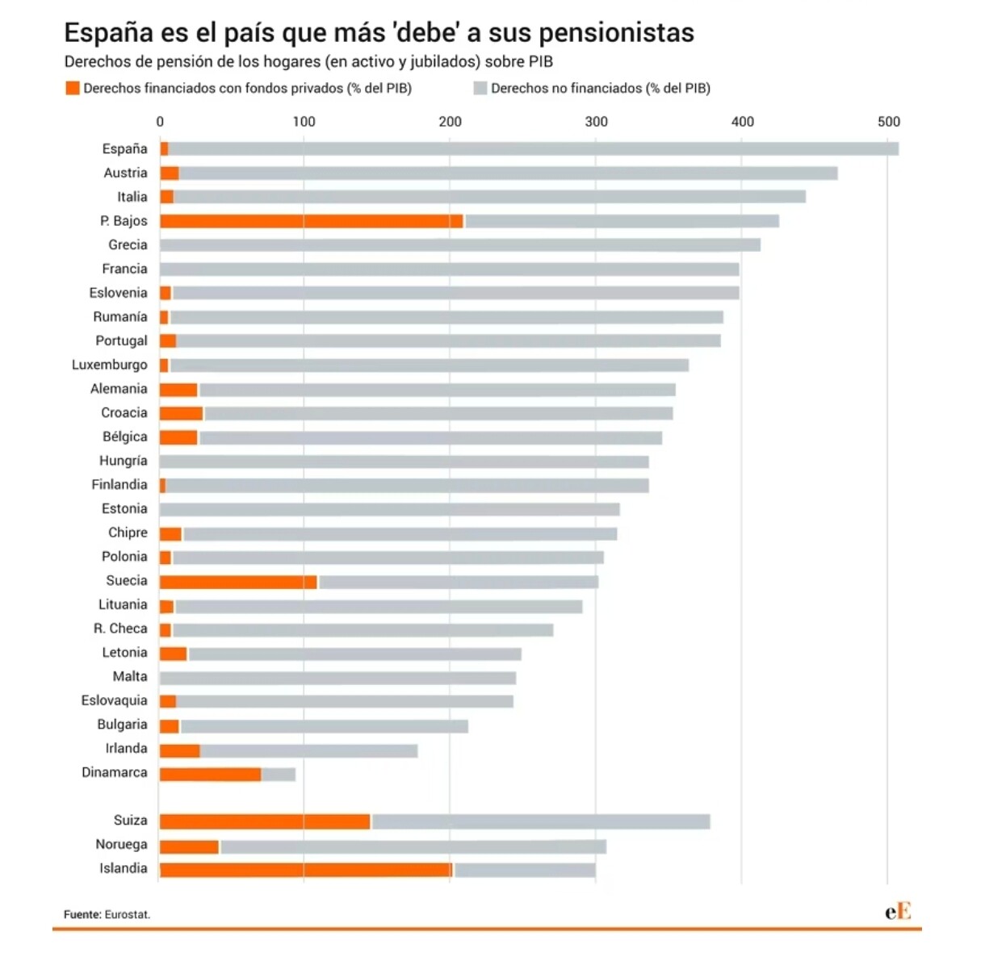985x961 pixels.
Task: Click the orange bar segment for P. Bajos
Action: [311, 221]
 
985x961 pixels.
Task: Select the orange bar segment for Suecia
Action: [238, 582]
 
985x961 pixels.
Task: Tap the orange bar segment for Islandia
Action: [306, 870]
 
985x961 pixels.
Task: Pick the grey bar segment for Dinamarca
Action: [279, 775]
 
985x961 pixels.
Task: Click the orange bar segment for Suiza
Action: [265, 821]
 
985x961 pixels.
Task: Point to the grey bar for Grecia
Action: [460, 245]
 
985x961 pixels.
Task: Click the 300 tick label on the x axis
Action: [597, 122]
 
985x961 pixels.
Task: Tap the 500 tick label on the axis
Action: [888, 122]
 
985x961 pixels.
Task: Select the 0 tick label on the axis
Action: [160, 122]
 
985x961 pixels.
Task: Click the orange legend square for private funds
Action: [73, 88]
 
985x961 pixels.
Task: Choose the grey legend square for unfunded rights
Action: [480, 88]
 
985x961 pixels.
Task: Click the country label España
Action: [124, 148]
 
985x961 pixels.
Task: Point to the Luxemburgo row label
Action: [110, 365]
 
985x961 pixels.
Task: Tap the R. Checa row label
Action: [120, 629]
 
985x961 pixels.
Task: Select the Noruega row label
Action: [121, 844]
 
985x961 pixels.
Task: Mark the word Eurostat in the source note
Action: [128, 914]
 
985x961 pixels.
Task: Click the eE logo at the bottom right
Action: [898, 912]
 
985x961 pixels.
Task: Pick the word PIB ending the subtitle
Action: [541, 61]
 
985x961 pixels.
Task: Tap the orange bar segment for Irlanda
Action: [179, 751]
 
